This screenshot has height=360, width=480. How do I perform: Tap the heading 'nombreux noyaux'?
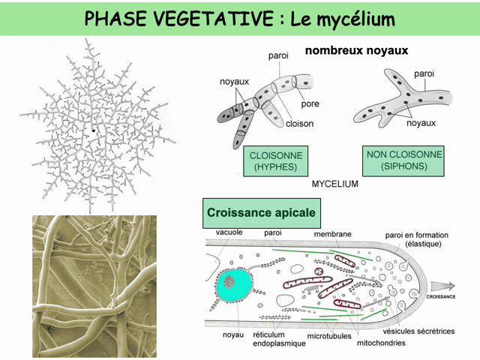tap(357, 51)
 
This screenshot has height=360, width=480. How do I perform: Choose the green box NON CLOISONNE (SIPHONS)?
tap(404, 160)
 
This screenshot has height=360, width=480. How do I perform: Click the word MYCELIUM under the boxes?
tap(334, 183)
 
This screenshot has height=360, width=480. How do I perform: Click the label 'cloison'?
tap(299, 123)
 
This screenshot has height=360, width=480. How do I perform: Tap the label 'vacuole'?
tap(229, 233)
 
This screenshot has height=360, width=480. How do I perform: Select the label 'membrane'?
tap(332, 234)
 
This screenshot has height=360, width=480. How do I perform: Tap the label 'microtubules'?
tap(328, 336)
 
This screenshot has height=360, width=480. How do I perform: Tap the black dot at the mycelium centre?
tap(94, 130)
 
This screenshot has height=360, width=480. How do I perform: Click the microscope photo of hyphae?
tap(94, 286)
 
